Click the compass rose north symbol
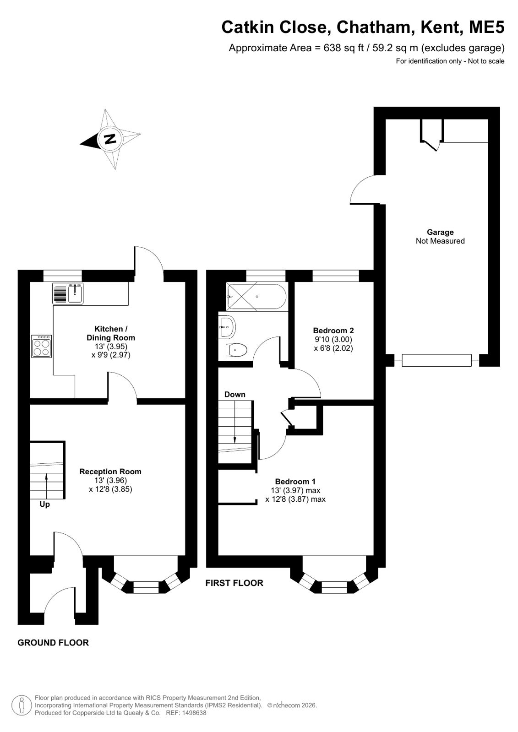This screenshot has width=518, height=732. (x=110, y=139)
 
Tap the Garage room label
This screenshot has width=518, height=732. (x=440, y=232)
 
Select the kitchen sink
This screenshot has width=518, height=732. (x=68, y=293)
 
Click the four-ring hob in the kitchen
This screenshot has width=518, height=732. (x=42, y=347)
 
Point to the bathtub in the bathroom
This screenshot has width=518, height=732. (x=257, y=297)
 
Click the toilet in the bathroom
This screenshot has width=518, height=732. (x=236, y=351)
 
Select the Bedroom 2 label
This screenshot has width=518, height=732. (x=333, y=331)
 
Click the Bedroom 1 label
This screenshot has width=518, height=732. (x=295, y=481)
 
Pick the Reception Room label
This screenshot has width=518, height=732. (x=110, y=472)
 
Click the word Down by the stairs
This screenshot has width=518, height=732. (x=235, y=395)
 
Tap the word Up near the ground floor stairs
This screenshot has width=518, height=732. (x=45, y=504)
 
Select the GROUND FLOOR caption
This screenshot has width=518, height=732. (x=53, y=643)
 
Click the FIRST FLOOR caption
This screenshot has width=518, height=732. (x=234, y=583)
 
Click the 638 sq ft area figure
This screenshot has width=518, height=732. (x=344, y=48)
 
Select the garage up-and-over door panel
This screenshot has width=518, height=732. (x=437, y=360)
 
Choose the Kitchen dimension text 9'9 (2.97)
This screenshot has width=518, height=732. (x=111, y=355)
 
